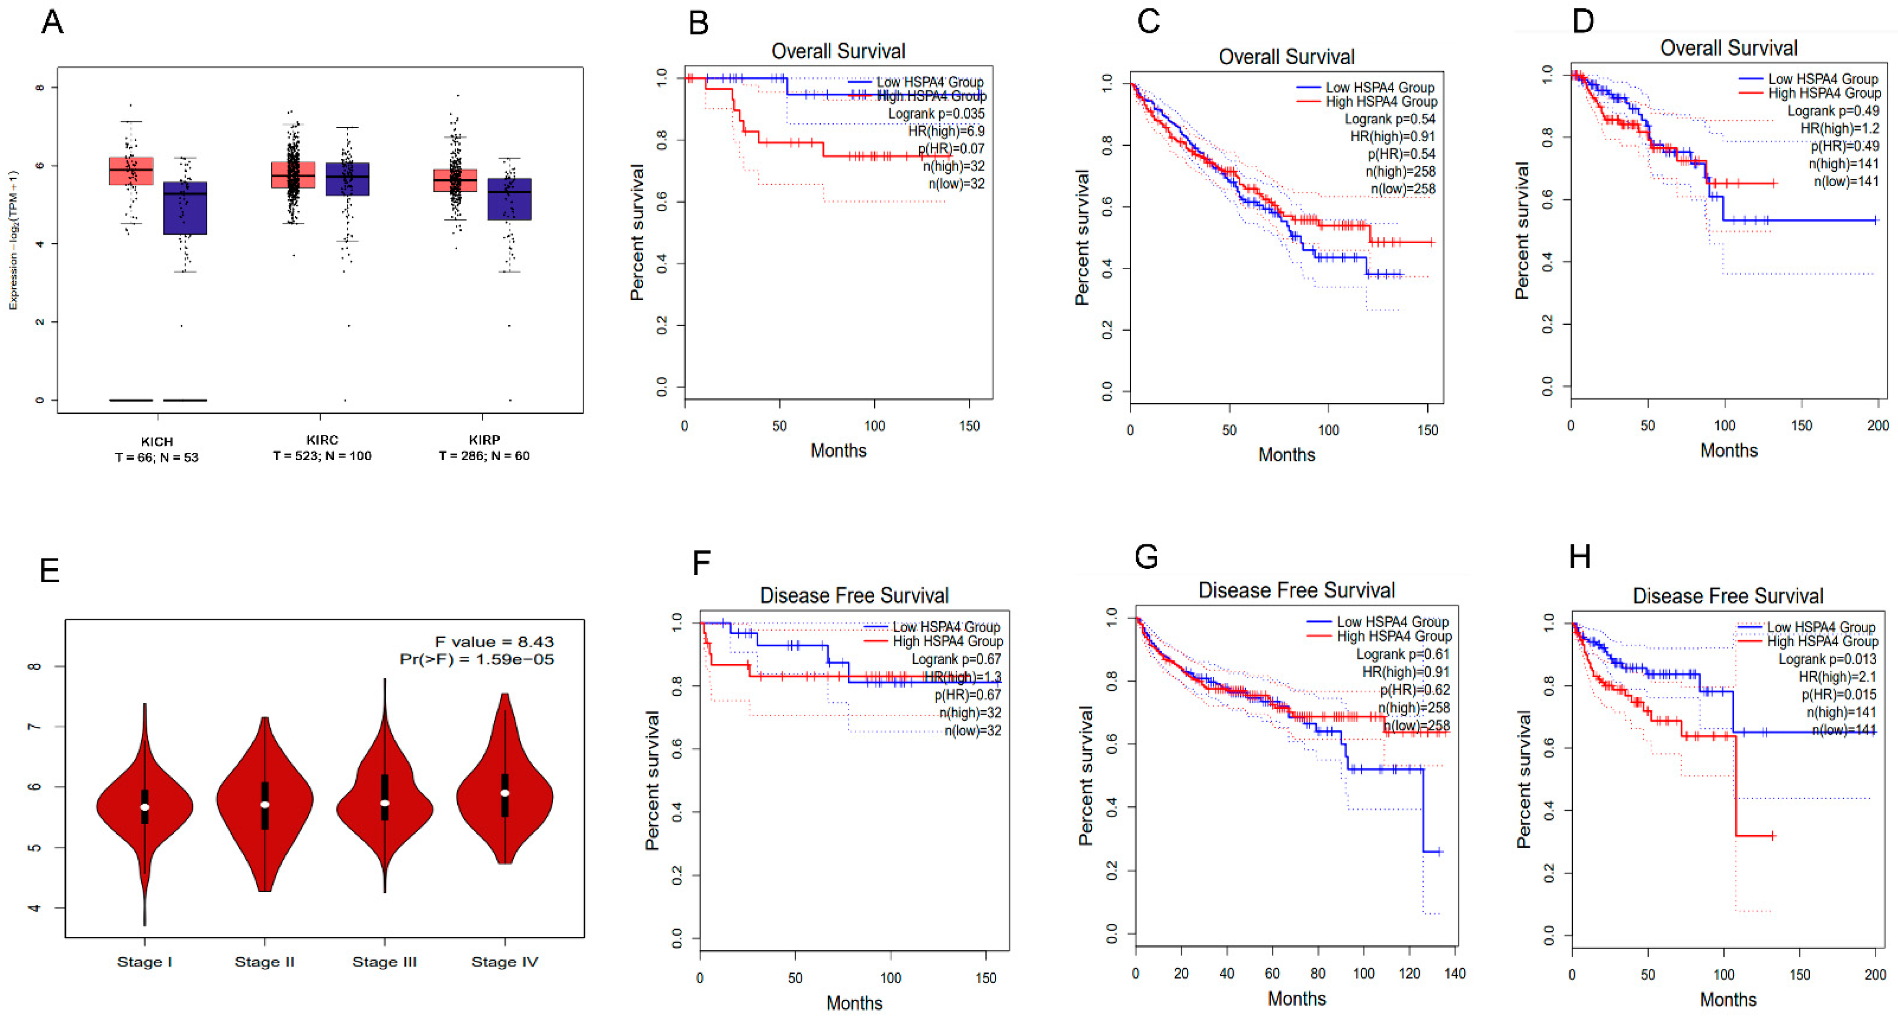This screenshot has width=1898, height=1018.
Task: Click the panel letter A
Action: tap(52, 22)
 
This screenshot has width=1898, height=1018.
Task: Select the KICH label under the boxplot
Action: tap(157, 441)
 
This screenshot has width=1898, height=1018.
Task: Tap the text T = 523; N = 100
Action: tap(322, 456)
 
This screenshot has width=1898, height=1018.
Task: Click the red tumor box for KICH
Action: tap(131, 170)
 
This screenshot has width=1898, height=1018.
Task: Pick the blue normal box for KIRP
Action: tap(509, 199)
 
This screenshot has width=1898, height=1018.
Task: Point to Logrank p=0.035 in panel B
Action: tap(936, 113)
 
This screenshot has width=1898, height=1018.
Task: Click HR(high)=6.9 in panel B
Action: tap(946, 131)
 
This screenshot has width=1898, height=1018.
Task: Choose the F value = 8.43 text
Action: tap(494, 642)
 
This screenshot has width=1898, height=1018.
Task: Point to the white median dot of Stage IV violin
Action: tap(505, 793)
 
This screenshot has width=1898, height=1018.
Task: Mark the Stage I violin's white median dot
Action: tap(145, 807)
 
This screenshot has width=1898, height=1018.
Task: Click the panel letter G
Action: tap(1146, 557)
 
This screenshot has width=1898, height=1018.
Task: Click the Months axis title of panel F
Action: tap(854, 1002)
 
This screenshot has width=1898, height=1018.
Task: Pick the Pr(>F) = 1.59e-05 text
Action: tap(477, 659)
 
